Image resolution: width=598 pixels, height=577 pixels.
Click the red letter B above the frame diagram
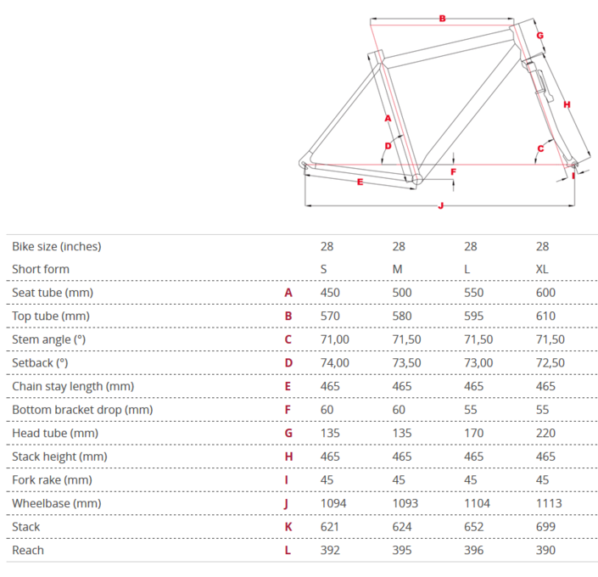(x=443, y=19)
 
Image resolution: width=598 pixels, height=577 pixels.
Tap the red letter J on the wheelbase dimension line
(x=441, y=206)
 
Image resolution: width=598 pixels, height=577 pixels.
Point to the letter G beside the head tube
(x=540, y=36)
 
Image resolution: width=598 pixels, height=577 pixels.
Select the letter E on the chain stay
(x=360, y=182)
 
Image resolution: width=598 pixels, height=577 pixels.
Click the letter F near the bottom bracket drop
(x=454, y=172)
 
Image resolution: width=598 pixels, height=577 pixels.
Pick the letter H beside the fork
(x=567, y=104)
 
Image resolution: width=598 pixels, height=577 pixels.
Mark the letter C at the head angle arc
(x=541, y=148)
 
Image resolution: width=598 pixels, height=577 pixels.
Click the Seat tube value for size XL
(x=545, y=293)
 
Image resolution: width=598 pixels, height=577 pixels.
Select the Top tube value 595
(x=473, y=316)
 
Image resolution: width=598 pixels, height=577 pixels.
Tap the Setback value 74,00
(x=334, y=363)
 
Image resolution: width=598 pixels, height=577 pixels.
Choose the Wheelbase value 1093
(x=405, y=503)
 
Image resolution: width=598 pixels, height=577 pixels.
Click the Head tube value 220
(x=545, y=433)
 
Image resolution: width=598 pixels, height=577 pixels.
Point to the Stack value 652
(x=473, y=527)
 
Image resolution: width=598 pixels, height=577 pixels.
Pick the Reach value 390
(x=545, y=551)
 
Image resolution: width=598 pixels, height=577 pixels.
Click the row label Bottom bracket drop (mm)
(x=82, y=410)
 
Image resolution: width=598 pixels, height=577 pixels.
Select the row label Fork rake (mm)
(x=53, y=480)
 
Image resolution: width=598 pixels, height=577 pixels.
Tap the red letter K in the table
(x=288, y=527)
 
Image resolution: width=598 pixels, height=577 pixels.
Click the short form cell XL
(x=542, y=270)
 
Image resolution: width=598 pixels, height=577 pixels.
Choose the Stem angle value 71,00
(x=334, y=339)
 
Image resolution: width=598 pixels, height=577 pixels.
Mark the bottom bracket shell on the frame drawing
(x=416, y=178)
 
